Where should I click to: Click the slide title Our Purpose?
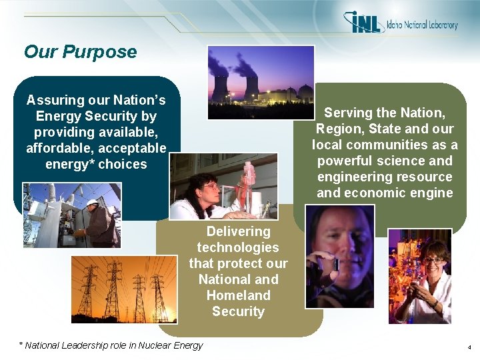point(80,52)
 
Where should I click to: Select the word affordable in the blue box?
point(58,148)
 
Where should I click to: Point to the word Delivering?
point(238,231)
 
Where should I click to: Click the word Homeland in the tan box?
point(238,295)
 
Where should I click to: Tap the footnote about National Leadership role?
point(111,345)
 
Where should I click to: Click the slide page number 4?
point(469,347)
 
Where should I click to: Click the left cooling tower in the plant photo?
point(221,87)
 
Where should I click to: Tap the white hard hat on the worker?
point(92,203)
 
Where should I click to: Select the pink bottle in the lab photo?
point(249,175)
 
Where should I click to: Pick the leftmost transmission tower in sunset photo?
point(87,290)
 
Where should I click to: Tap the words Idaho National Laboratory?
point(421,25)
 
